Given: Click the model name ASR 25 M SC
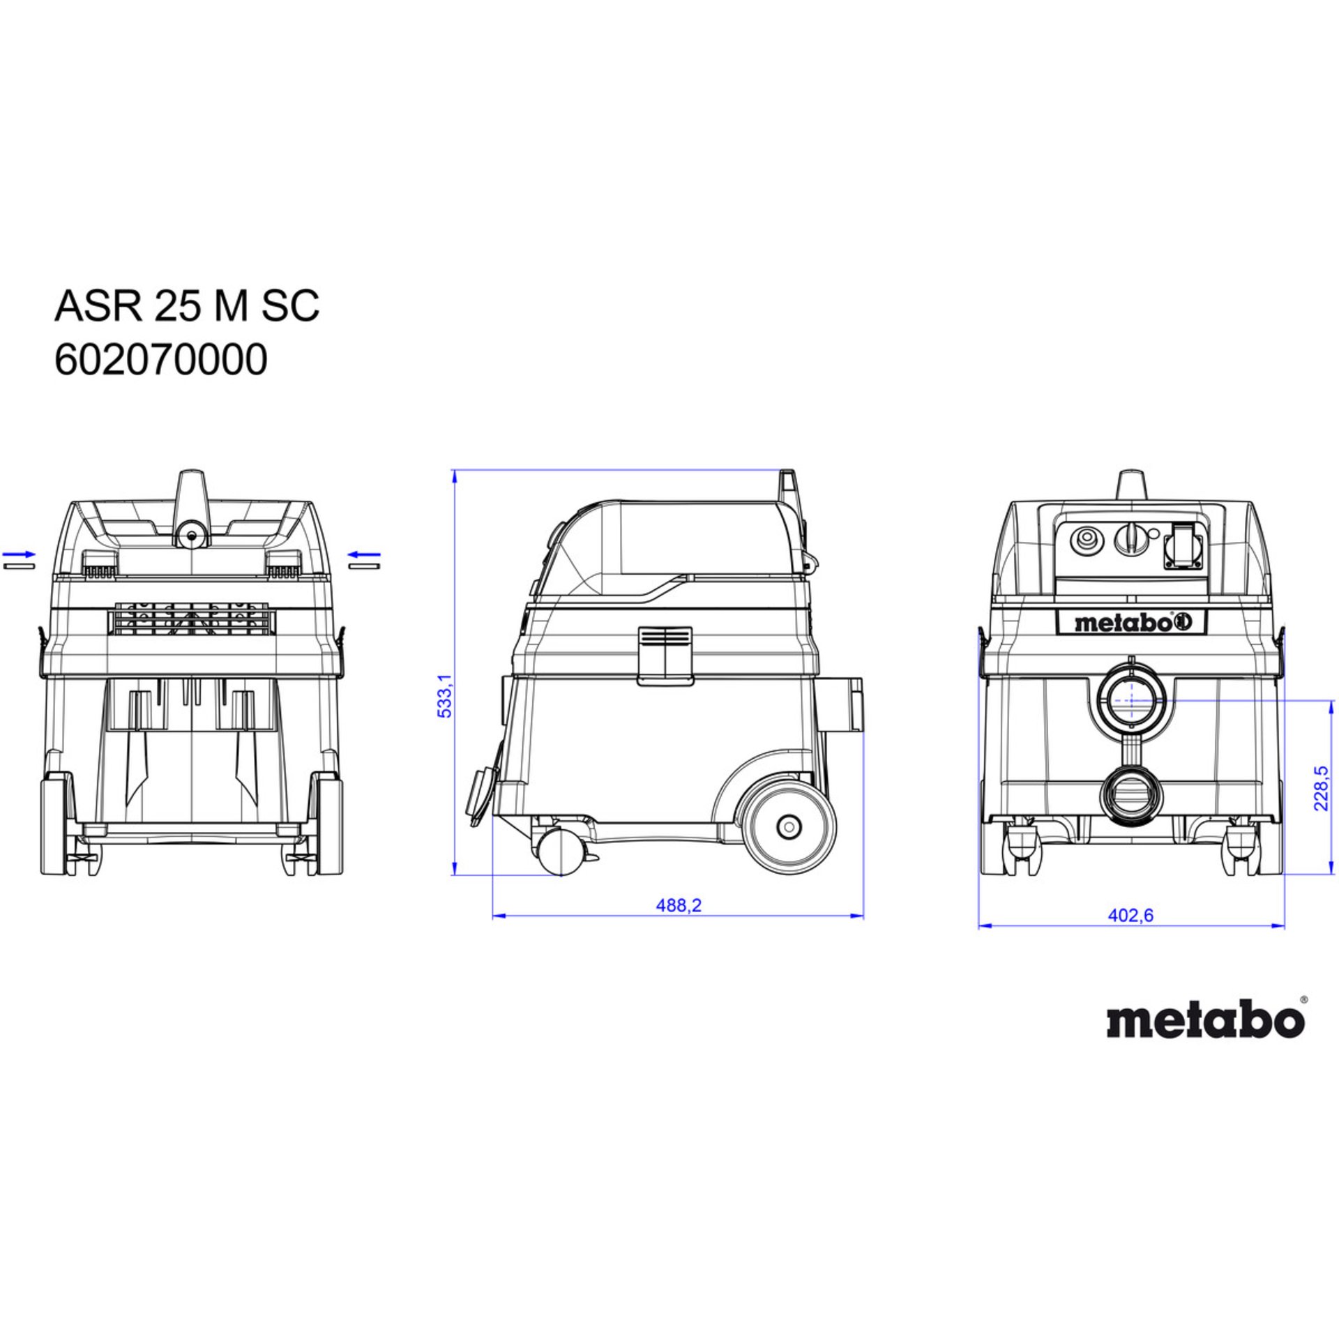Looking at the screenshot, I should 187,305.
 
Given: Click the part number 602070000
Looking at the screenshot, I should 160,361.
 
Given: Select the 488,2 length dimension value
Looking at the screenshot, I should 678,905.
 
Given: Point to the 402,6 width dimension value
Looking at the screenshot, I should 1130,915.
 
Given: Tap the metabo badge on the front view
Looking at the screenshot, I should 1130,623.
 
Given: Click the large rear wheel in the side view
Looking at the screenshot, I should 788,826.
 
